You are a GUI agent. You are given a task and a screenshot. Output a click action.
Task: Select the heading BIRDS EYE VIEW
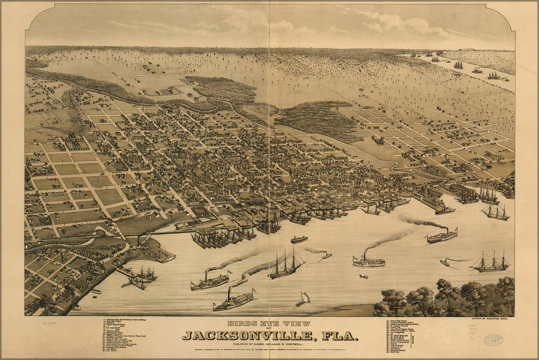(269, 324)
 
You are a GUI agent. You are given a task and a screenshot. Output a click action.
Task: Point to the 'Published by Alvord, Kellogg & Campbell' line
(269, 344)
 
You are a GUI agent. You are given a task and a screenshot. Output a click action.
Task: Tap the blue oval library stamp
(493, 339)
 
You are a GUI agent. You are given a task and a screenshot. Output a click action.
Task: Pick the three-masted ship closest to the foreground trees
(491, 264)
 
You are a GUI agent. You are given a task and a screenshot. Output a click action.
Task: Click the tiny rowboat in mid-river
(363, 277)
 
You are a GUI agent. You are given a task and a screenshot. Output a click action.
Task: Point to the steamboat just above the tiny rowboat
(368, 261)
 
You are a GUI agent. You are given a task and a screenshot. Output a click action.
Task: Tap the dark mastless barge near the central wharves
(299, 239)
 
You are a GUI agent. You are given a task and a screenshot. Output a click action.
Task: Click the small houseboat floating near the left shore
(96, 292)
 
